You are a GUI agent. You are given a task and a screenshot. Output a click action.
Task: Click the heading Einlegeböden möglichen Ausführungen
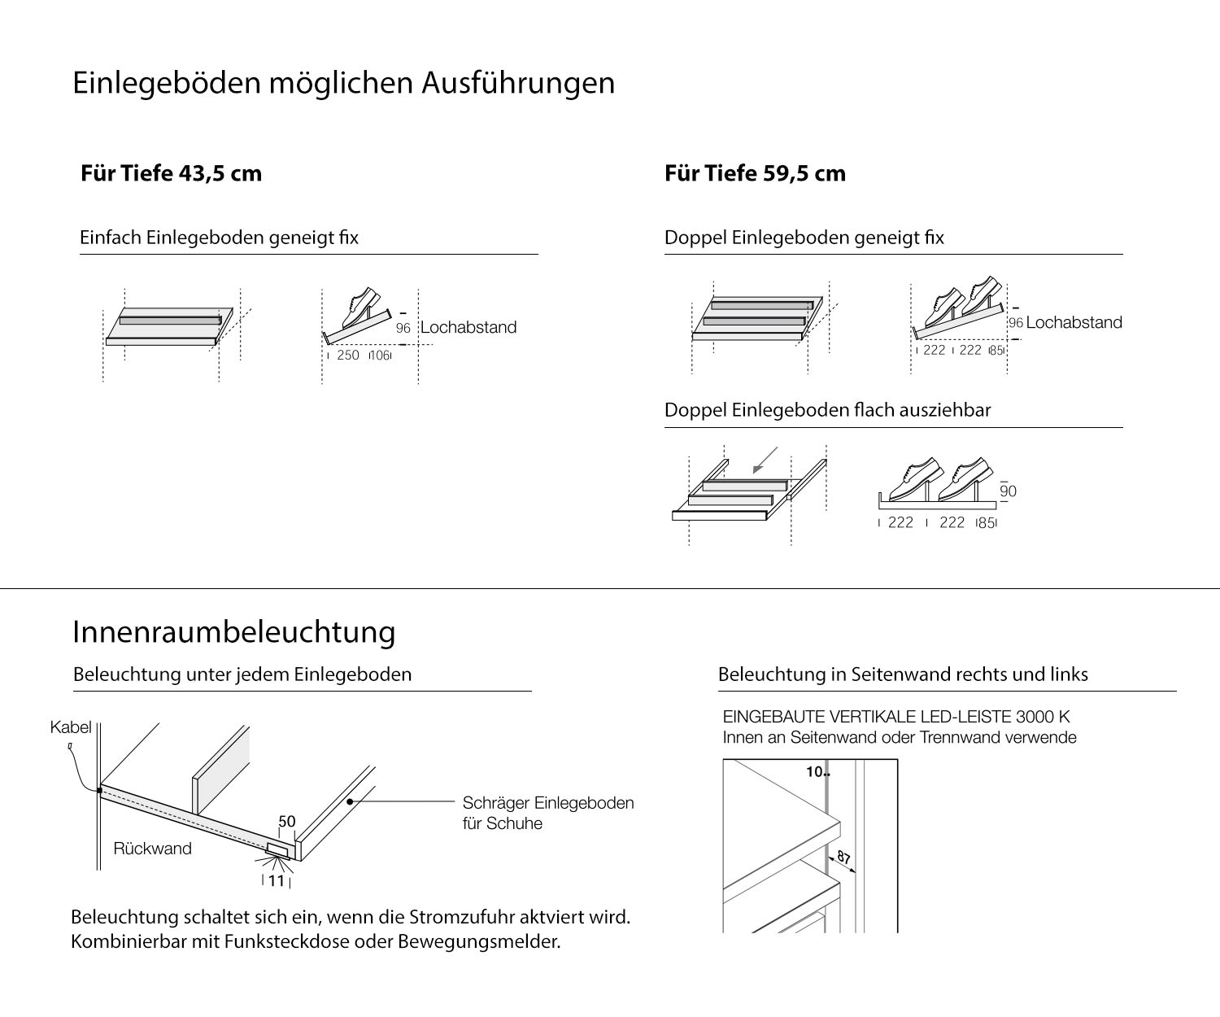(x=343, y=83)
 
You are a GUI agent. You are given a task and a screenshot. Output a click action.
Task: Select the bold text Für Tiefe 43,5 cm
(x=171, y=173)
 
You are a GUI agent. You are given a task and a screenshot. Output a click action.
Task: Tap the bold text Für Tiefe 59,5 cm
(x=755, y=173)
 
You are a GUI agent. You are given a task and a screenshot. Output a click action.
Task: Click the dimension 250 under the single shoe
(x=348, y=355)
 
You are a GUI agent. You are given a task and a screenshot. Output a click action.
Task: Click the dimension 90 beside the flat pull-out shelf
(x=1008, y=491)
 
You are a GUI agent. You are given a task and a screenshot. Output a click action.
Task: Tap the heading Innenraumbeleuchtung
(x=234, y=631)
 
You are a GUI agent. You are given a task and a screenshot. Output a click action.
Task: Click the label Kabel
(x=71, y=727)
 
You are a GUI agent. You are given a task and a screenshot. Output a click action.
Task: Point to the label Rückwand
(x=153, y=849)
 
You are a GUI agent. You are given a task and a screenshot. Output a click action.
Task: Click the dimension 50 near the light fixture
(x=287, y=822)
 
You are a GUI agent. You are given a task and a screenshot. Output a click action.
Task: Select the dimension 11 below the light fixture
(x=277, y=880)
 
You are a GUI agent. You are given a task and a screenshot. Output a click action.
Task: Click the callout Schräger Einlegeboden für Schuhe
(x=547, y=813)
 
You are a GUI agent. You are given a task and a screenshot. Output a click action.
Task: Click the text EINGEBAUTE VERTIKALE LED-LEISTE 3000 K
(x=896, y=717)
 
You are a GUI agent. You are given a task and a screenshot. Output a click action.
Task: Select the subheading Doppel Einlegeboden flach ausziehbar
(x=827, y=410)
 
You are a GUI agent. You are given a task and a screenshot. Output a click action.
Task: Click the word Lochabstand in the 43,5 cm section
(x=468, y=327)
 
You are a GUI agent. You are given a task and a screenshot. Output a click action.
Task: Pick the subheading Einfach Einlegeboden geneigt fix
(x=219, y=238)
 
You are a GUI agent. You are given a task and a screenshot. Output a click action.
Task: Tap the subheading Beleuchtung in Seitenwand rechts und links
(x=903, y=674)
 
